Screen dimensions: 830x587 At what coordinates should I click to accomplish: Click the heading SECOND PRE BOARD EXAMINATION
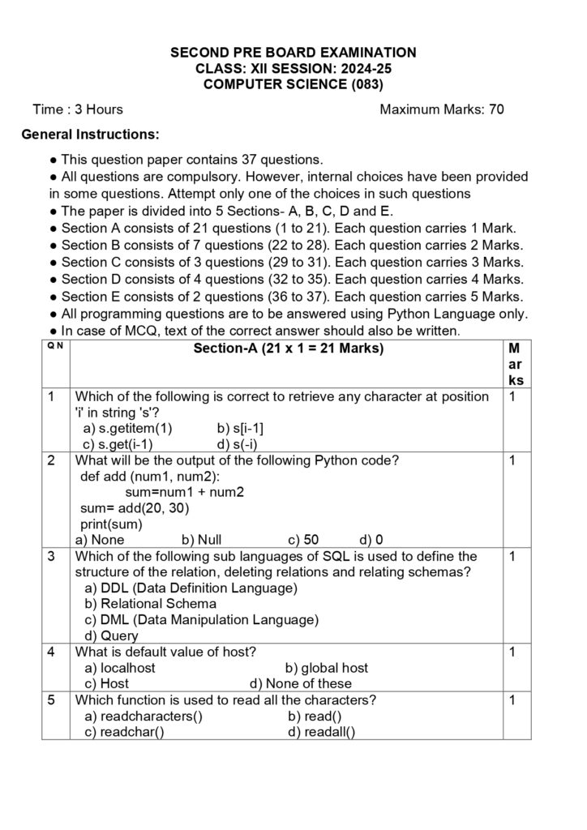tap(293, 53)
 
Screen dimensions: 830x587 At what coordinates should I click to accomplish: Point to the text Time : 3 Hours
tap(78, 109)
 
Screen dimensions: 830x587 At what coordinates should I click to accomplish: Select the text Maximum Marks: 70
tap(442, 109)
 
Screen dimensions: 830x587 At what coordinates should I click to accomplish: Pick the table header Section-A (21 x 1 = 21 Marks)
tap(288, 349)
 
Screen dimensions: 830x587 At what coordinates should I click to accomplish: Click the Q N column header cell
tap(54, 346)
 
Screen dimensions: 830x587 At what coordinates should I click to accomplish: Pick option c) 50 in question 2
tap(303, 539)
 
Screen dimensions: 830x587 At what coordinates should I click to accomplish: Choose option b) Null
tap(201, 539)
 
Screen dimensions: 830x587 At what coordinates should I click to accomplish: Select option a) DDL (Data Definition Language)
tap(191, 588)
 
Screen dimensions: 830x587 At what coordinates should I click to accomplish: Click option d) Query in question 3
tap(111, 636)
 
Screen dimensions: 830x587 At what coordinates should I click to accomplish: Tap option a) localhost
tap(120, 668)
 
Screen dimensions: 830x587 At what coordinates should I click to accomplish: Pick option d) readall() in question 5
tap(321, 732)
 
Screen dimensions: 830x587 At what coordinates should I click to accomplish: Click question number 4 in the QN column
tap(51, 652)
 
